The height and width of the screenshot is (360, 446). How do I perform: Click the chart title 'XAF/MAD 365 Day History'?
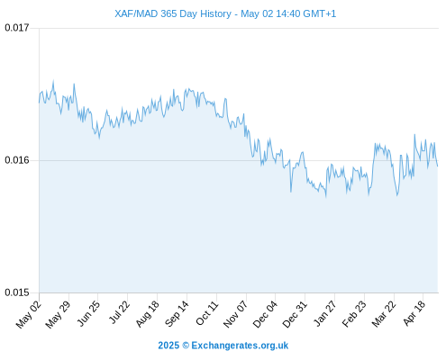[173, 13]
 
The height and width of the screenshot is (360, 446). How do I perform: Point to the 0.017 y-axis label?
[17, 28]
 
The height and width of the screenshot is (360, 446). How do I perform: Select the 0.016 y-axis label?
[17, 160]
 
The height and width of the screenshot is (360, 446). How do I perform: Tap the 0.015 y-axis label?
[17, 292]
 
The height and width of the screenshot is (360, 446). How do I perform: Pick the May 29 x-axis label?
[58, 314]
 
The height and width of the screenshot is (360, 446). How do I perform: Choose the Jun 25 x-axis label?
[87, 314]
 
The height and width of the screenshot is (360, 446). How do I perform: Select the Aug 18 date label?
[147, 314]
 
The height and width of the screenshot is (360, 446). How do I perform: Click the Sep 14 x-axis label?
[177, 314]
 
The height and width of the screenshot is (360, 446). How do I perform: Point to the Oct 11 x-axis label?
[206, 313]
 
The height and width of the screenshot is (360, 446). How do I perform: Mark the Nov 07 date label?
[235, 314]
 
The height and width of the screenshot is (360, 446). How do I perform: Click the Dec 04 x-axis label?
[265, 314]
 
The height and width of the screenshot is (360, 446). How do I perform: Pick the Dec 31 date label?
[295, 314]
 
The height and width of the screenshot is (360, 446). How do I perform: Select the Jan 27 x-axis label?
[324, 313]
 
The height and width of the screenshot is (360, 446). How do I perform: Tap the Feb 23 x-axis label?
[354, 314]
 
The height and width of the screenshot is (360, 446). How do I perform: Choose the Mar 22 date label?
[384, 314]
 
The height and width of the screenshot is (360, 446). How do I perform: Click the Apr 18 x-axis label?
[414, 313]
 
